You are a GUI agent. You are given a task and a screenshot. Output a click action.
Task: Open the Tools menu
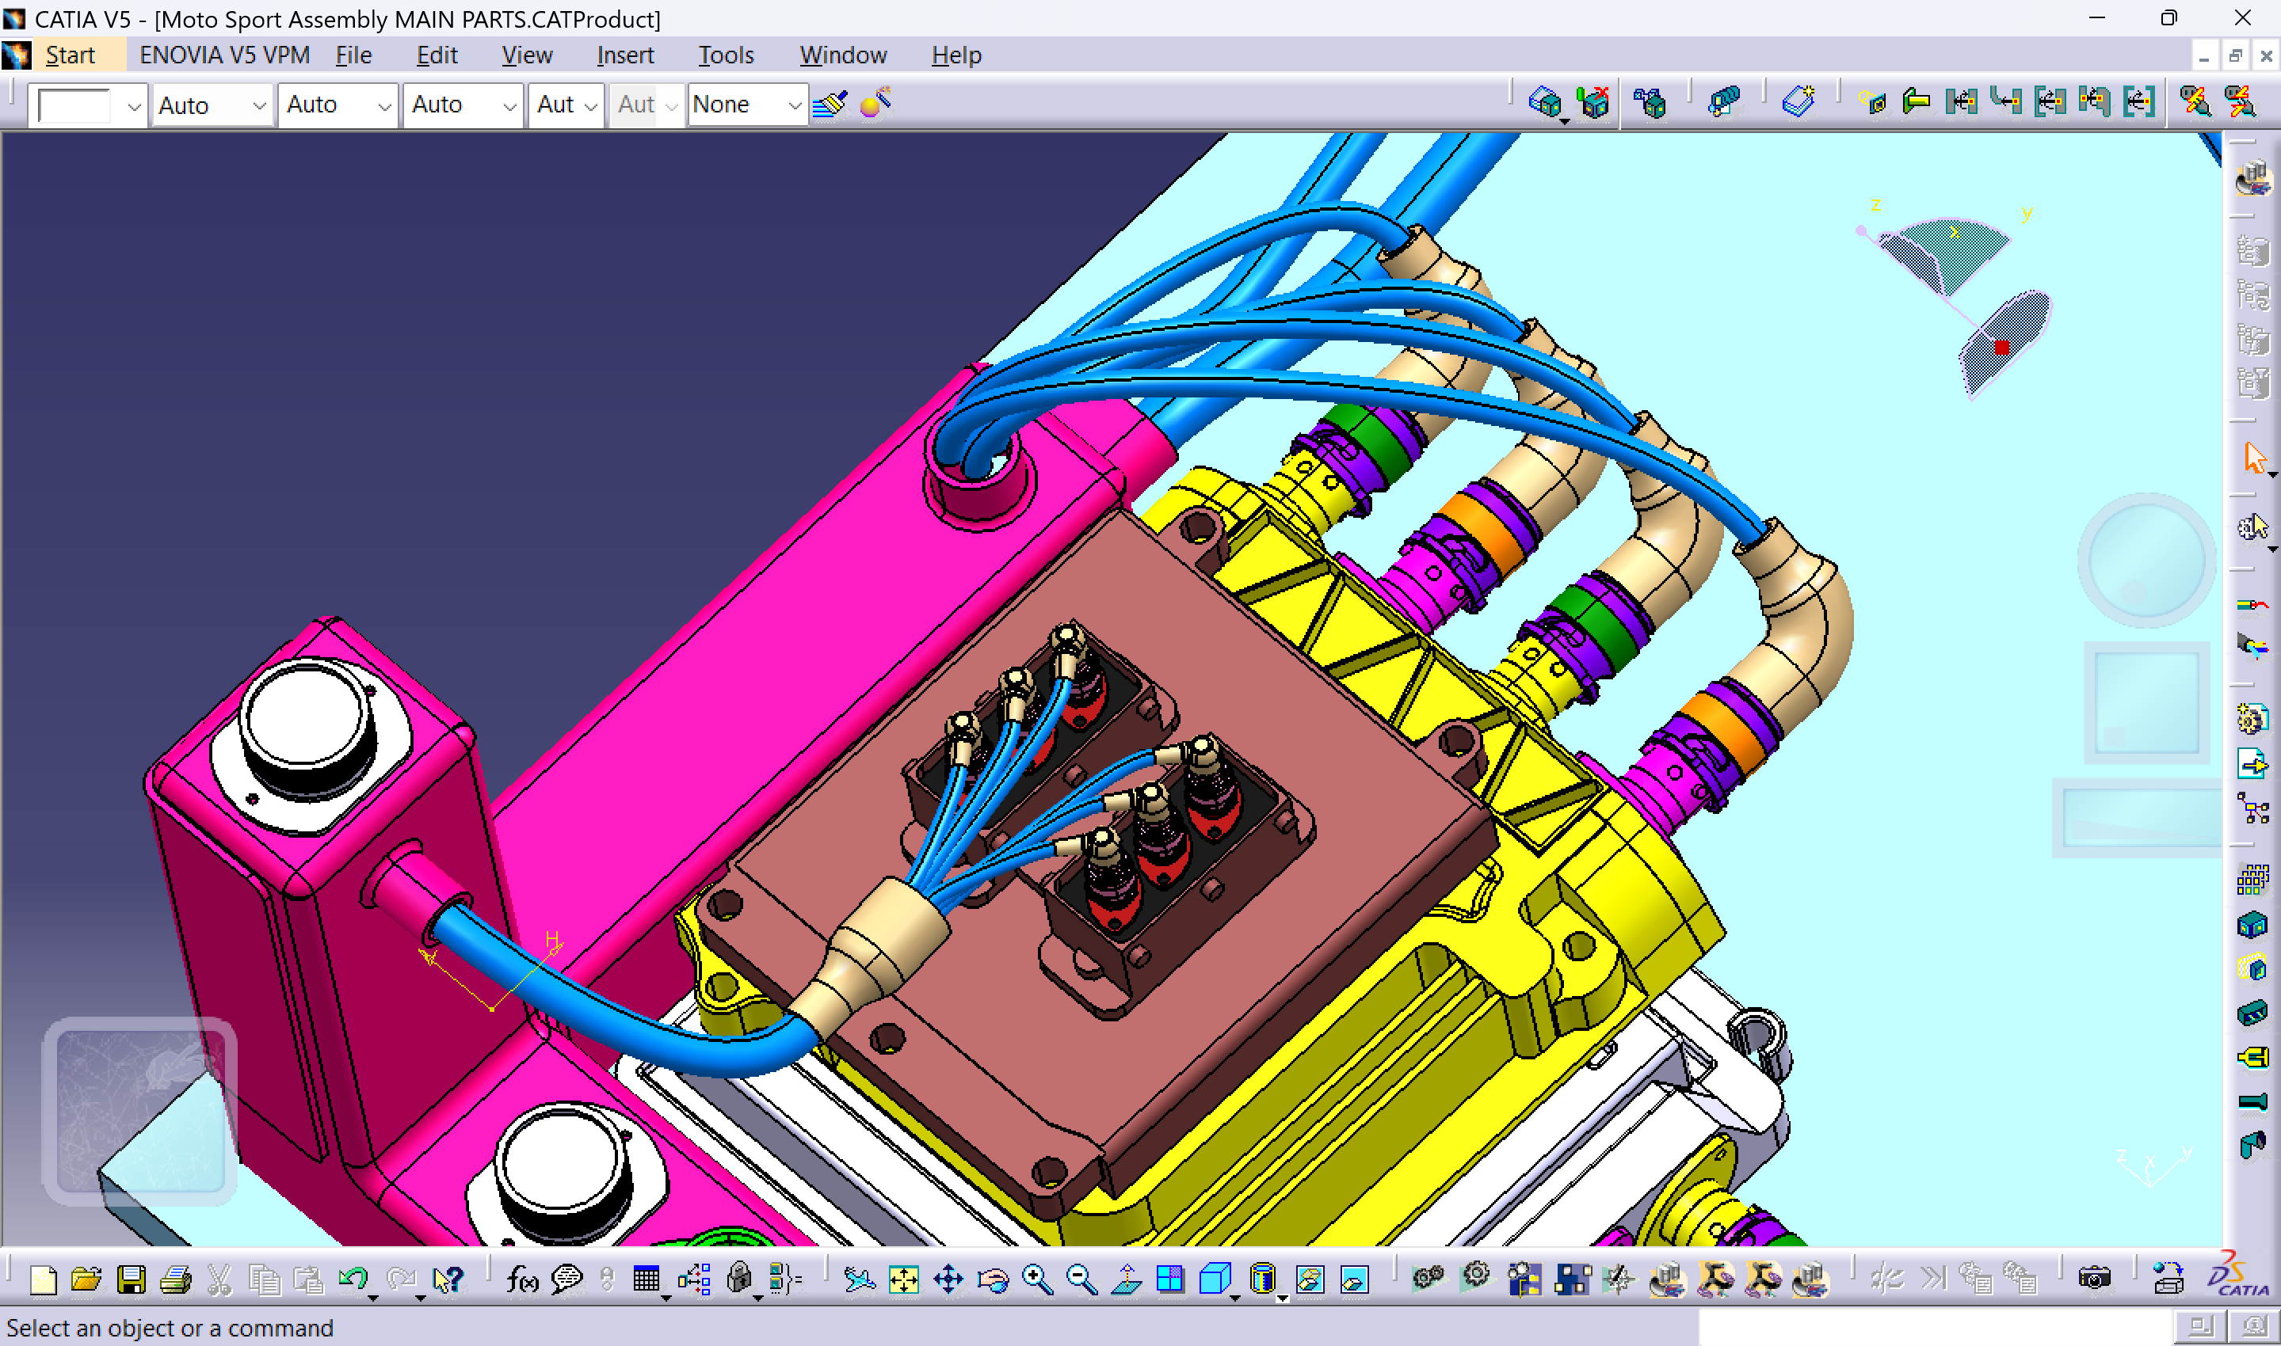725,55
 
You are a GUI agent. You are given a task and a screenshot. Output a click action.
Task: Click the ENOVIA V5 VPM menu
224,55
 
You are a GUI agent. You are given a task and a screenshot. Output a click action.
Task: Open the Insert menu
624,55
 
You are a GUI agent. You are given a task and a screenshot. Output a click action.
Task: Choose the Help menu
956,55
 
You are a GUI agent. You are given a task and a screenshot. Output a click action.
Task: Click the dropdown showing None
746,105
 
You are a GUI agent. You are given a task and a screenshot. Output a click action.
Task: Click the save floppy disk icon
132,1279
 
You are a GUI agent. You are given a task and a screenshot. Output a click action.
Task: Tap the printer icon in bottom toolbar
176,1279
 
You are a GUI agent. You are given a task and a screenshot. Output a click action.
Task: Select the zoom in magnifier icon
1037,1279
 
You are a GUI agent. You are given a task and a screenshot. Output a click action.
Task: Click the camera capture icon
2093,1279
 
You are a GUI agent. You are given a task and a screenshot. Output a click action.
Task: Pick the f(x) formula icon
521,1279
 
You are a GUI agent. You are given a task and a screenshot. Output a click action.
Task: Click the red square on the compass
2001,348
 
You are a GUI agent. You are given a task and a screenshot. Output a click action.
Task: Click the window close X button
2242,18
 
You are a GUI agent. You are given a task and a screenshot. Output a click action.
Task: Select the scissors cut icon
219,1279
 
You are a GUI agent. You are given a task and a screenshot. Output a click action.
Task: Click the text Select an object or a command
170,1328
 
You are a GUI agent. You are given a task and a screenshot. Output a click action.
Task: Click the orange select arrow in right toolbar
2254,458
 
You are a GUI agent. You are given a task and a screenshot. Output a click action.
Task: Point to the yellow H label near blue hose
551,940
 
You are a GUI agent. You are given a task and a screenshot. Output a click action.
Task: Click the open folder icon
86,1279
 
